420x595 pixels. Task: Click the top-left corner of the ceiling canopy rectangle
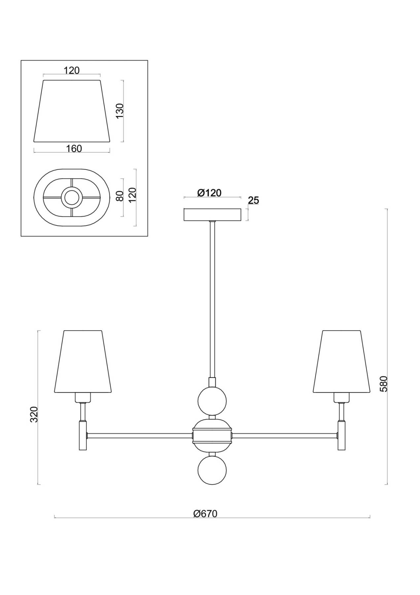pyautogui.click(x=184, y=209)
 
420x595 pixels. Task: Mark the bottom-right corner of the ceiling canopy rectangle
pyautogui.click(x=241, y=220)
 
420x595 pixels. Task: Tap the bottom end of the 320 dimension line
pyautogui.click(x=39, y=485)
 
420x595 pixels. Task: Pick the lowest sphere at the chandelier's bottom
pyautogui.click(x=212, y=470)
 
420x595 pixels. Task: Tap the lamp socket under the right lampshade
pyautogui.click(x=341, y=397)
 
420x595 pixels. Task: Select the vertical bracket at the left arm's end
pyautogui.click(x=83, y=435)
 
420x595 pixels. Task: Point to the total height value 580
pyautogui.click(x=384, y=383)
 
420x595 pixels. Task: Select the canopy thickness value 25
pyautogui.click(x=254, y=200)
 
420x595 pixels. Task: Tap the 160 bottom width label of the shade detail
pyautogui.click(x=74, y=149)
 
